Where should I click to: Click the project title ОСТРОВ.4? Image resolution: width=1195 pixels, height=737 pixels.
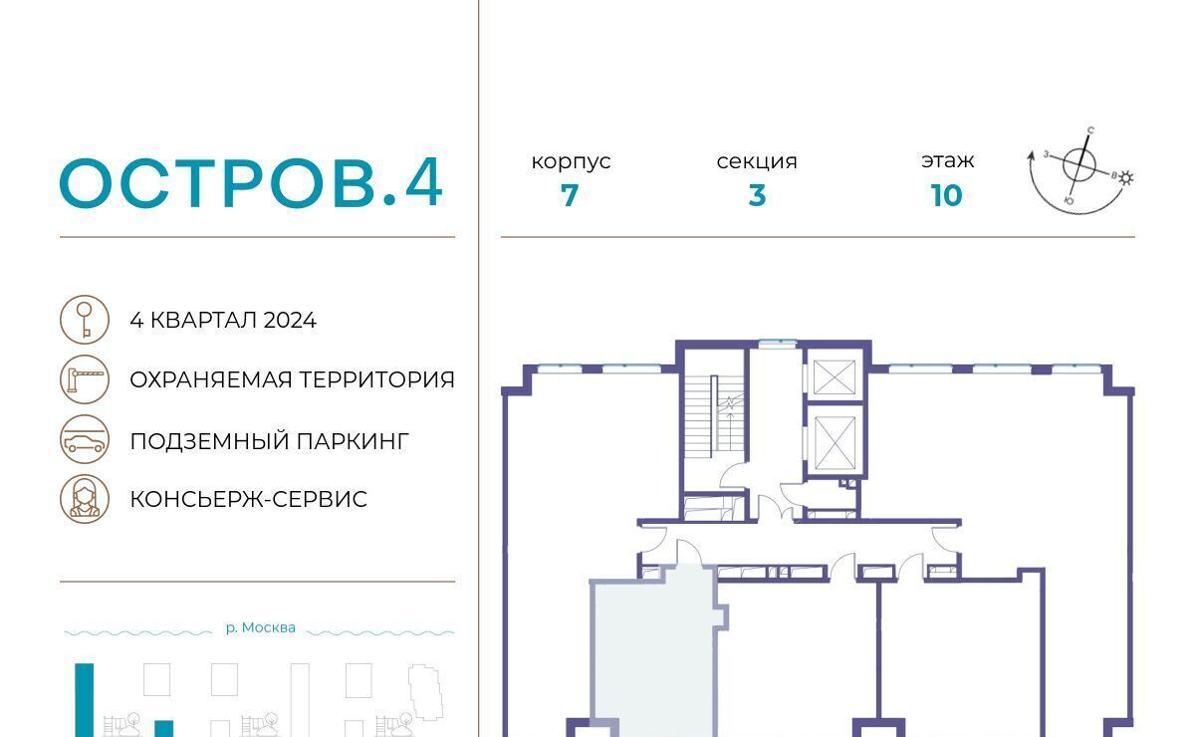coord(251,182)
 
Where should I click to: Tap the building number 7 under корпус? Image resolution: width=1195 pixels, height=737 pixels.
coord(570,195)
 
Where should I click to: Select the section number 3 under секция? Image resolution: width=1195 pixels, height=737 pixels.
coord(757,195)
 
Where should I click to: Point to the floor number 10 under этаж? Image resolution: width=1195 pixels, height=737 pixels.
coord(946,195)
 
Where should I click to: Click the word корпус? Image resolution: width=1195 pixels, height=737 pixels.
coord(571,161)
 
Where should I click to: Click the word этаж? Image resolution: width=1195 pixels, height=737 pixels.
coord(947,160)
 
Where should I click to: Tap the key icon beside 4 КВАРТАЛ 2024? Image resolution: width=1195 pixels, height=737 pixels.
coord(85,320)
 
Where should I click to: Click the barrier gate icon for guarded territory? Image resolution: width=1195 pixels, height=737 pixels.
coord(85,379)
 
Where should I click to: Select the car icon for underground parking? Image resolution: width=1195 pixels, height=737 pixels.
coord(85,440)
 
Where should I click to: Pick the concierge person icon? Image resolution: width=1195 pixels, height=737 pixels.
coord(85,499)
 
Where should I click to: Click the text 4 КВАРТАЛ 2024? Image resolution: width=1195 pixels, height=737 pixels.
coord(223,321)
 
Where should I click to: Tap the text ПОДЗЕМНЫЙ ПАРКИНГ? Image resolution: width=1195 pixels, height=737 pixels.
coord(270,441)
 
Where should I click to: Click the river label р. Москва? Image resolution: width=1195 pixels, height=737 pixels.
coord(260,627)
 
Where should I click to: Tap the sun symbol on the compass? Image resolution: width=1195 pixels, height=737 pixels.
coord(1125,178)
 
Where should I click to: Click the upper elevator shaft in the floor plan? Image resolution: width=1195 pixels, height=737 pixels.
coord(835,377)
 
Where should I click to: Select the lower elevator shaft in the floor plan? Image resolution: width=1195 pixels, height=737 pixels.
coord(835,443)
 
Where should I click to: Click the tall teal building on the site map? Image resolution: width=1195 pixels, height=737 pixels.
coord(85,700)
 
